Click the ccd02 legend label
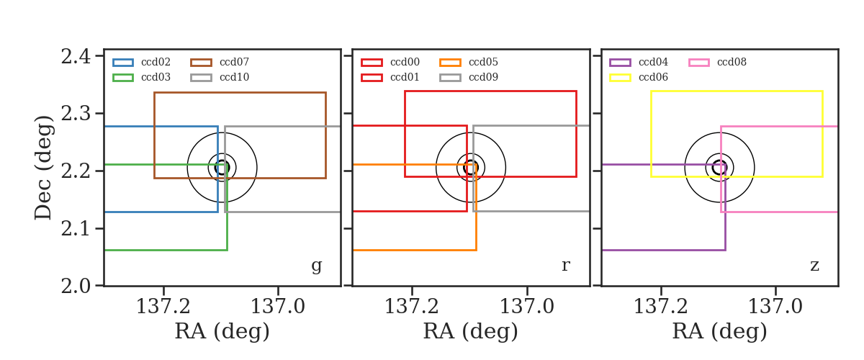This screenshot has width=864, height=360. click(x=156, y=62)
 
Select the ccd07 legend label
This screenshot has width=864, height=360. click(x=234, y=62)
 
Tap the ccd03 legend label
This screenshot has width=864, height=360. click(x=156, y=77)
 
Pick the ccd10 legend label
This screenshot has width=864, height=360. click(x=234, y=77)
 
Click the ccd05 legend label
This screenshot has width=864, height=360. click(x=483, y=62)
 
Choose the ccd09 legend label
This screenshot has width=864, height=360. click(x=483, y=77)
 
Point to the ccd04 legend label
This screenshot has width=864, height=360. click(x=654, y=62)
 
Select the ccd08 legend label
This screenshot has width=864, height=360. click(x=732, y=62)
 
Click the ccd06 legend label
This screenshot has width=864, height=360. click(x=654, y=77)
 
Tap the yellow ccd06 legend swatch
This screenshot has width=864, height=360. click(x=620, y=78)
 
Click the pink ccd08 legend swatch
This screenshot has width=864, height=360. click(x=699, y=63)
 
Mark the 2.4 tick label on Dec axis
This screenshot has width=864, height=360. click(x=76, y=56)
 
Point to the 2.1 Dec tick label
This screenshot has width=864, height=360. click(x=76, y=228)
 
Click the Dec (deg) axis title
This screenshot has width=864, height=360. click(x=43, y=168)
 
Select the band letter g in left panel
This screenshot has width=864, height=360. click(x=316, y=266)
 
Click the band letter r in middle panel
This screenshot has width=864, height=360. click(x=565, y=265)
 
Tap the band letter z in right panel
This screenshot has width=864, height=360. click(x=814, y=266)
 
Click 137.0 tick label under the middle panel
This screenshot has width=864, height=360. click(x=527, y=307)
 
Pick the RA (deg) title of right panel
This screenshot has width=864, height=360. click(x=719, y=331)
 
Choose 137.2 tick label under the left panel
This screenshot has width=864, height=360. click(x=163, y=307)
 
